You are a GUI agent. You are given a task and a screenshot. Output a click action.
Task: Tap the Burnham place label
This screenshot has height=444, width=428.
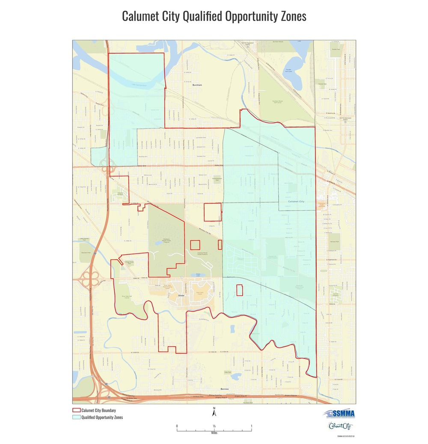tap(197, 85)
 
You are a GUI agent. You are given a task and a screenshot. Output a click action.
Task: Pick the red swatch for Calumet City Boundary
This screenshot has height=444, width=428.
tap(76, 411)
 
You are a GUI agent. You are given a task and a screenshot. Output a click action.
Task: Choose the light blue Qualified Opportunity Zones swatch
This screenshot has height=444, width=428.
tap(76, 417)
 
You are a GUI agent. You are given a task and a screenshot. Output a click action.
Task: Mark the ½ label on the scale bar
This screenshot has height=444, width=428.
tap(214, 426)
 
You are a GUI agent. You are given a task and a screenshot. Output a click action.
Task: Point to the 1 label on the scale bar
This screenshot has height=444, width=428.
tap(251, 426)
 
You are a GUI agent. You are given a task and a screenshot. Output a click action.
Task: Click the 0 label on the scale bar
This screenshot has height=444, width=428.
tap(177, 426)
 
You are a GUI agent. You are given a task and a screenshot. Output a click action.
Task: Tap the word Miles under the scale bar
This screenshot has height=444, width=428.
tap(214, 433)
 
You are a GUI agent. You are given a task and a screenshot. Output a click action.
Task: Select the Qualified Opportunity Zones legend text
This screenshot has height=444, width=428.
tap(102, 417)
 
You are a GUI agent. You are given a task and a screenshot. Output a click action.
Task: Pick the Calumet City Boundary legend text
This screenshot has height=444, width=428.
tap(98, 411)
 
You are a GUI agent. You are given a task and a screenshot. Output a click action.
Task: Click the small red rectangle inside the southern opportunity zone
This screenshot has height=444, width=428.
tap(240, 290)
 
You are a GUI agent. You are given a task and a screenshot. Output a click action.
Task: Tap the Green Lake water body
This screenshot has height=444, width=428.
tap(198, 275)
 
